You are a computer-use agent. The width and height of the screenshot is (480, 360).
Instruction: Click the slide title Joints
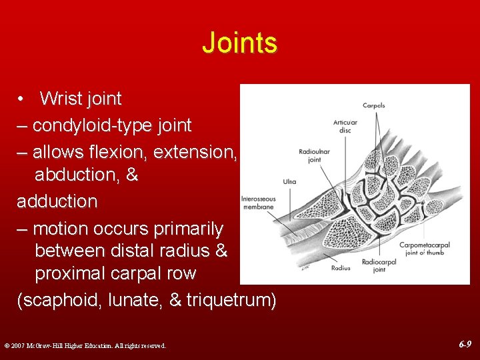pyautogui.click(x=239, y=43)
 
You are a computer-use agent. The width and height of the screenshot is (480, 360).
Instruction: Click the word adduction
pyautogui.click(x=57, y=201)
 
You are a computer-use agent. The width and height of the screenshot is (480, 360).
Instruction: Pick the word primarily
pyautogui.click(x=185, y=229)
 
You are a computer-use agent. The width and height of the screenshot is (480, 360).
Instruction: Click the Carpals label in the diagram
pyautogui.click(x=373, y=105)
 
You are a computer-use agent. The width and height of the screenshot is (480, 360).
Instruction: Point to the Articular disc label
pyautogui.click(x=345, y=126)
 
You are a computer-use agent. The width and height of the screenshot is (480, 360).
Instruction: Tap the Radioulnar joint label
pyautogui.click(x=313, y=156)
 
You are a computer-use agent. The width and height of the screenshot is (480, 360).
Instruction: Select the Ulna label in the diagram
pyautogui.click(x=290, y=181)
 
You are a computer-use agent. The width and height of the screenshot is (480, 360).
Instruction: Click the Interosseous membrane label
pyautogui.click(x=257, y=203)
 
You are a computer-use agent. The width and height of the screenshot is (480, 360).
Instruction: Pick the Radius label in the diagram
pyautogui.click(x=341, y=268)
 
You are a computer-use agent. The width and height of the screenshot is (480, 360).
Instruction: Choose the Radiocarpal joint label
pyautogui.click(x=379, y=265)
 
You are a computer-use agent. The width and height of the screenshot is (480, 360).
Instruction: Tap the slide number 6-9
pyautogui.click(x=465, y=345)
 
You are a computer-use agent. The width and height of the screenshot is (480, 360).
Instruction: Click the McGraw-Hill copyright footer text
pyautogui.click(x=85, y=345)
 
